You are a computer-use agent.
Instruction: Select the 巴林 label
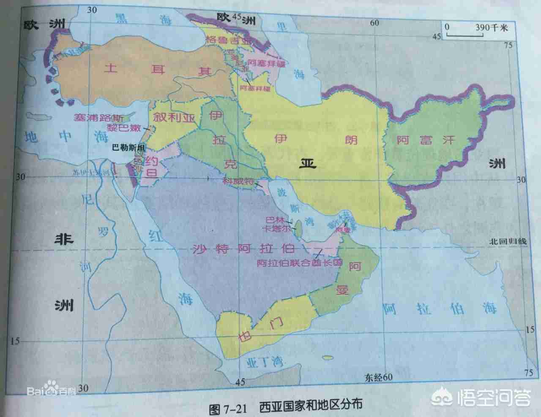pyautogui.click(x=274, y=220)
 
